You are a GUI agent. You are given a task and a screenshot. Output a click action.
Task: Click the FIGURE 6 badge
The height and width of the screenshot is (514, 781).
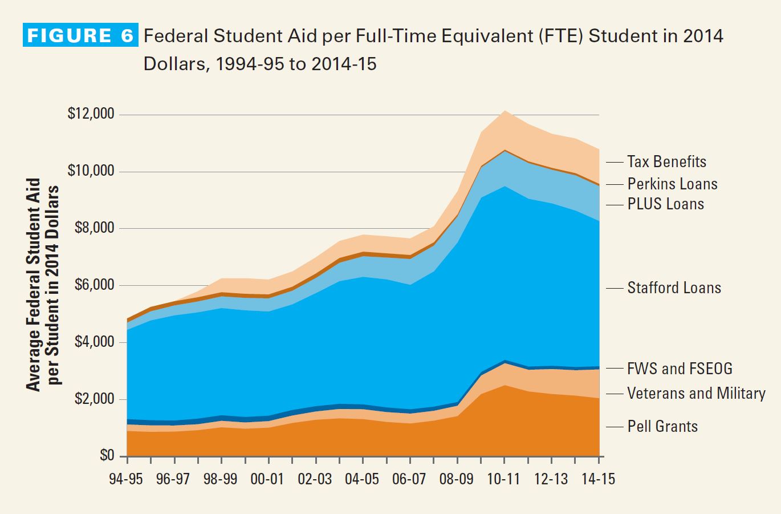click(80, 36)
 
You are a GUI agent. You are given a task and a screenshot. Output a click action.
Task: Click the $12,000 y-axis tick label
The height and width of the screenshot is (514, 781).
click(91, 114)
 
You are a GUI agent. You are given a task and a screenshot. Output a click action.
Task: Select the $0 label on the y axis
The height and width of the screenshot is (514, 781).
click(107, 455)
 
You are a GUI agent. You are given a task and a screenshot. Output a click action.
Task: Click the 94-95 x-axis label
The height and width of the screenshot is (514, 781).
click(126, 479)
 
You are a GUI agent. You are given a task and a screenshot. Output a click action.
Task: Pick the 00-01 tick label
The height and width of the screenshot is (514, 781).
click(267, 479)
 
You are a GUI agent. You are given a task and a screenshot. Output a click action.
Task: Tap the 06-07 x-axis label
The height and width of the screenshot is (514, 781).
click(409, 479)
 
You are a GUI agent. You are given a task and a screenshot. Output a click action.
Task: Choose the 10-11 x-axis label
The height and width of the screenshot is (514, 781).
click(504, 479)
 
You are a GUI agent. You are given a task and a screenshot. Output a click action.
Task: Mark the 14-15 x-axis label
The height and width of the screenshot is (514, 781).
click(598, 479)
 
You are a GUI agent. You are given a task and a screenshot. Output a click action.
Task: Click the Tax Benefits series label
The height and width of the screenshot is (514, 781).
click(666, 162)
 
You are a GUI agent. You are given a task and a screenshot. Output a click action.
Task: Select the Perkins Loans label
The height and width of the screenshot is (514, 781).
click(672, 184)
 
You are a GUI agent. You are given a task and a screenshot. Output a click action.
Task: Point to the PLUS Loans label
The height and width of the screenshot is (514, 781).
click(665, 204)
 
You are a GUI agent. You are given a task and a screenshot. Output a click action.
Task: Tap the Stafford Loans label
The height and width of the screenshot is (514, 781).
click(674, 288)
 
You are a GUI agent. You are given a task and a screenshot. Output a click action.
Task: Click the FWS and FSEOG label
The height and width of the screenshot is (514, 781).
click(680, 369)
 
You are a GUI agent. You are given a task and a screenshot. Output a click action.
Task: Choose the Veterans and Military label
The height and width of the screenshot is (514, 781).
click(696, 393)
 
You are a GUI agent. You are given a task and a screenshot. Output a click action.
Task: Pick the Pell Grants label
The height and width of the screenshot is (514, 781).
click(662, 426)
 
